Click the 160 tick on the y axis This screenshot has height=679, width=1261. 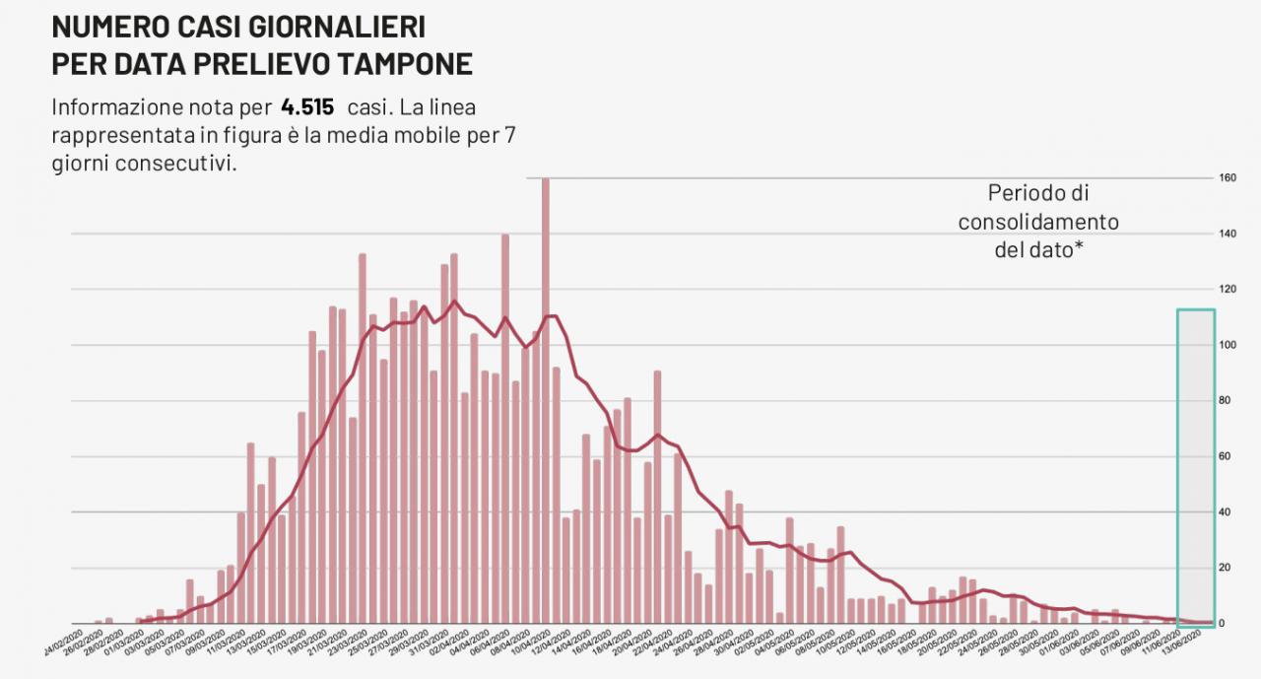coord(1227,178)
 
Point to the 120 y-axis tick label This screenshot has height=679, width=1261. coord(1227,290)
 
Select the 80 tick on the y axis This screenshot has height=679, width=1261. coord(1226,401)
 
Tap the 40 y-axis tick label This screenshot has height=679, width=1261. coord(1226,512)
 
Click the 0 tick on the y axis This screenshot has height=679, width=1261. coord(1223,624)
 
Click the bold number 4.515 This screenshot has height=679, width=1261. coord(307,107)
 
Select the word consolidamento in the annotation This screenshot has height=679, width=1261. coord(1038,222)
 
